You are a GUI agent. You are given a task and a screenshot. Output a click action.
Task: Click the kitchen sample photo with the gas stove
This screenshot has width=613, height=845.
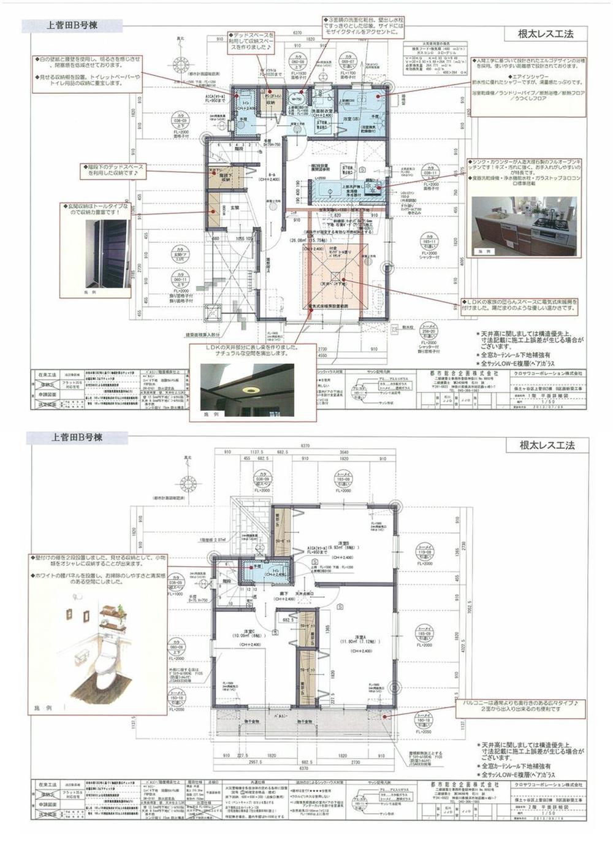524,224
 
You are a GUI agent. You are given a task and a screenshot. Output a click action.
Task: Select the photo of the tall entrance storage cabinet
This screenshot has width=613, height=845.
108,253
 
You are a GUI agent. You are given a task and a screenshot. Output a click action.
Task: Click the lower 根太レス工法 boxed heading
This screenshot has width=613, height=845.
546,445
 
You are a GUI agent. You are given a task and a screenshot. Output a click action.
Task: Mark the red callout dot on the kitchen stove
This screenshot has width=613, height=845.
379,188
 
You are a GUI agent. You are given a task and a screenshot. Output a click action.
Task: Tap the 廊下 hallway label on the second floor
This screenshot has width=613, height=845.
284,594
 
